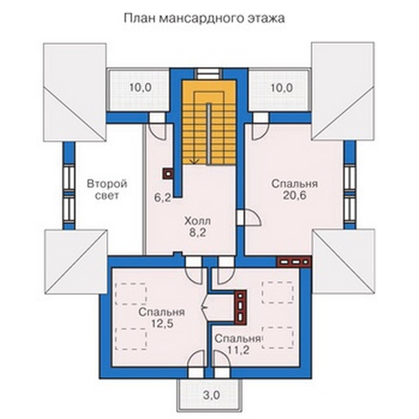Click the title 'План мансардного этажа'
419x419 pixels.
pos(204,19)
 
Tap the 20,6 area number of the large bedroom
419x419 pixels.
pos(295,196)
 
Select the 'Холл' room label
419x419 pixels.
pos(198,221)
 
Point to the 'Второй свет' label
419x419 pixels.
pos(107,189)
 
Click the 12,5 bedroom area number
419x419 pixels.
pos(163,323)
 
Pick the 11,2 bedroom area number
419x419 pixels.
pos(238,349)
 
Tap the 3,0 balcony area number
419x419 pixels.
pos(211,396)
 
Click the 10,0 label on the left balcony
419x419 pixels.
pos(141,88)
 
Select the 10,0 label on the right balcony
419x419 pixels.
pos(282,88)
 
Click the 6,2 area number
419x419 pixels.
pos(163,198)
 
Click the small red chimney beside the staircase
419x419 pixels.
pos(168,173)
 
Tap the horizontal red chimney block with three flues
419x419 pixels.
pos(294,262)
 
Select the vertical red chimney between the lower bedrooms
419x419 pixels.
pos(241,308)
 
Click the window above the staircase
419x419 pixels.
pos(208,74)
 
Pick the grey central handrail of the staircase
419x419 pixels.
pos(209,134)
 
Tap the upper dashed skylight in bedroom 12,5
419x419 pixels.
pos(131,294)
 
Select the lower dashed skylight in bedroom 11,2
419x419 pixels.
pos(277,338)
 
